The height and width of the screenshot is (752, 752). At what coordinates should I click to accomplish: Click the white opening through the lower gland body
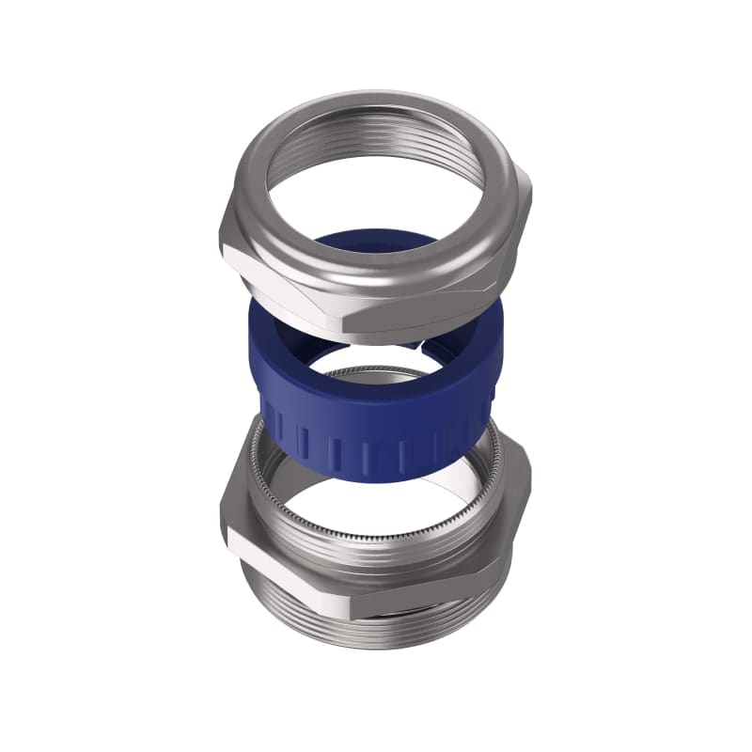pyautogui.click(x=395, y=508)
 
